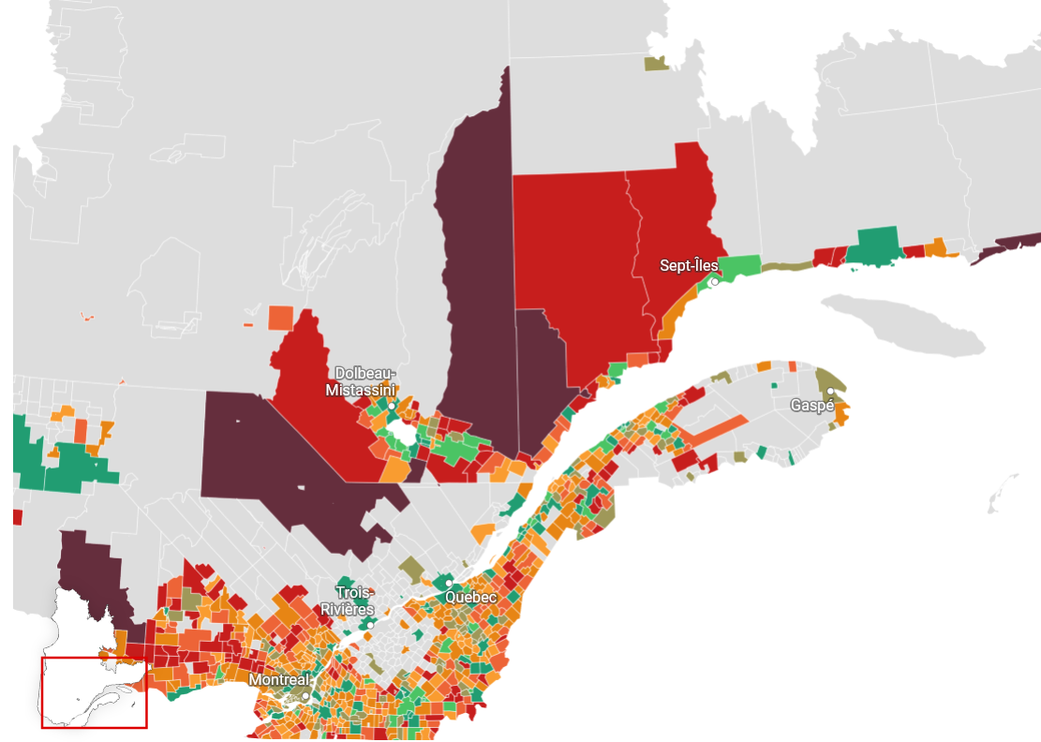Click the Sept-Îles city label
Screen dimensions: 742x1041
coord(689,266)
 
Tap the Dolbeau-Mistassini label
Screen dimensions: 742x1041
coord(361,381)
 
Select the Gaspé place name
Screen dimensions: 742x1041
coord(811,406)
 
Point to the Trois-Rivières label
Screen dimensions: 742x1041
coord(355,601)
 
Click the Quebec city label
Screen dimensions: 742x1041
coord(470,597)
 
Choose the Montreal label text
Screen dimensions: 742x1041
coord(279,678)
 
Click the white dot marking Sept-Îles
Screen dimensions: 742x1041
coord(714,281)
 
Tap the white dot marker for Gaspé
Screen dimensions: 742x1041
coord(830,391)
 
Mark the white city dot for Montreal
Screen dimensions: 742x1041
coord(305,696)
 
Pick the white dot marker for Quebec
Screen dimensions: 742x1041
coord(449,583)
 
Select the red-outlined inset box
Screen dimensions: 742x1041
coord(94,692)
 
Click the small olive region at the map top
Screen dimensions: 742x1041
coord(655,63)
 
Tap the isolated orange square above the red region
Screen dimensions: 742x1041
coord(280,318)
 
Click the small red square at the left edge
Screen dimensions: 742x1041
coord(17,517)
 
